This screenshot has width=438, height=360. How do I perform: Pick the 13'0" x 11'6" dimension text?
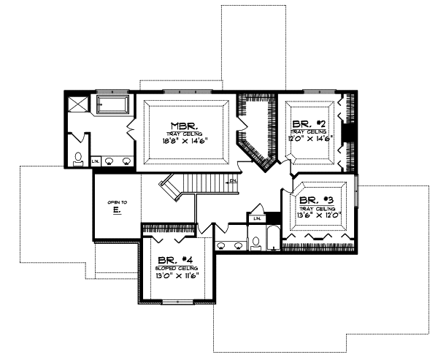tap(175, 277)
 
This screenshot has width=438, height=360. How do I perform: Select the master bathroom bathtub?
tap(111, 104)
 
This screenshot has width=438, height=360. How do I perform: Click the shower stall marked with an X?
tap(78, 103)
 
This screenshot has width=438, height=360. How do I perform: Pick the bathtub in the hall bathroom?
tap(272, 238)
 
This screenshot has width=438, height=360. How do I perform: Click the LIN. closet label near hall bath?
tap(256, 218)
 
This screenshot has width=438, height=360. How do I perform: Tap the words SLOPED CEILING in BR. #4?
tap(175, 268)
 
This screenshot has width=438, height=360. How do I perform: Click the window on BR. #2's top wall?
tap(313, 92)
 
